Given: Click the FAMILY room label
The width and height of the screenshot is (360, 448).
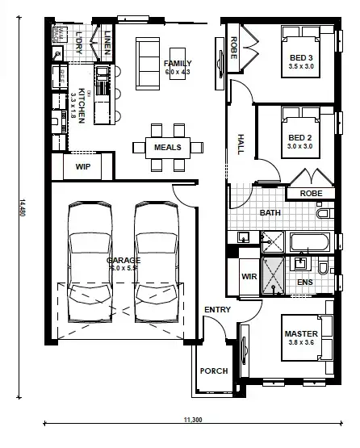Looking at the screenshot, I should pyautogui.click(x=176, y=63).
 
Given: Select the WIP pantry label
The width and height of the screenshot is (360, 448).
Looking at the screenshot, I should pyautogui.click(x=82, y=166).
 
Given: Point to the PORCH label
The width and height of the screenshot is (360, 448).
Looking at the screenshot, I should pyautogui.click(x=214, y=371).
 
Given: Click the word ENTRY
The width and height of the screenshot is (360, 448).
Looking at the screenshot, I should pyautogui.click(x=216, y=310).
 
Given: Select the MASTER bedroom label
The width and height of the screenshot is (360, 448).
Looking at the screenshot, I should pyautogui.click(x=300, y=333).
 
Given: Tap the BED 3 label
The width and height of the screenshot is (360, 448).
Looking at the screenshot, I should pyautogui.click(x=300, y=57).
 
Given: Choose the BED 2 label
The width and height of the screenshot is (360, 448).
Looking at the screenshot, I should pyautogui.click(x=300, y=138).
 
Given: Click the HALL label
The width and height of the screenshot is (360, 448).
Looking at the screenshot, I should pyautogui.click(x=241, y=144).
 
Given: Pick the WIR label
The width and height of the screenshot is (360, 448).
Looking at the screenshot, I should pyautogui.click(x=249, y=277).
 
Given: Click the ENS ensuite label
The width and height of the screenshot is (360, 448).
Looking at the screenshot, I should pyautogui.click(x=304, y=282).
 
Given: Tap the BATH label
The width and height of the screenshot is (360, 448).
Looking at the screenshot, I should pyautogui.click(x=270, y=213).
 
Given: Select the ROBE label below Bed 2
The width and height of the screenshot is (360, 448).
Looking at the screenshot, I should pyautogui.click(x=311, y=194).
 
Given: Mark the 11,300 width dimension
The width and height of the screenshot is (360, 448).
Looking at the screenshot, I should pyautogui.click(x=192, y=419).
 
